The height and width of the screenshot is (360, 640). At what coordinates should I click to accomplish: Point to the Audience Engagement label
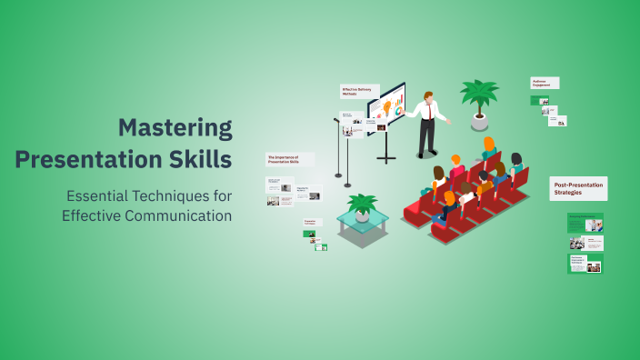tap(545, 82)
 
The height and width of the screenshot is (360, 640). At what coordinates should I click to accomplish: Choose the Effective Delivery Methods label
tap(355, 91)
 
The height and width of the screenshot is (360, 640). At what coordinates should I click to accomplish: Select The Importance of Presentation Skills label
tap(288, 159)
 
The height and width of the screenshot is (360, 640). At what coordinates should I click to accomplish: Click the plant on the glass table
tap(363, 205)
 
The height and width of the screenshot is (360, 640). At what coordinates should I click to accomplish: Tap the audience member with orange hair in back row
tap(489, 145)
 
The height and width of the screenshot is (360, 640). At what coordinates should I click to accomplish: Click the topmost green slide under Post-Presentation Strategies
tap(585, 223)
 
